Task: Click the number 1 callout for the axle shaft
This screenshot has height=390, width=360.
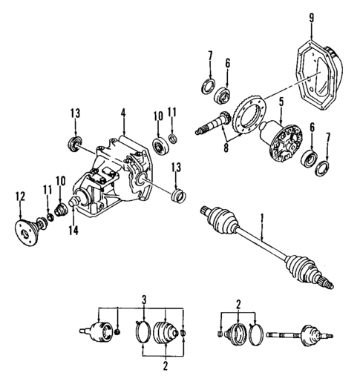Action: [x=261, y=220]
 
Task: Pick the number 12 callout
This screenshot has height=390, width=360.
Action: [x=19, y=196]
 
